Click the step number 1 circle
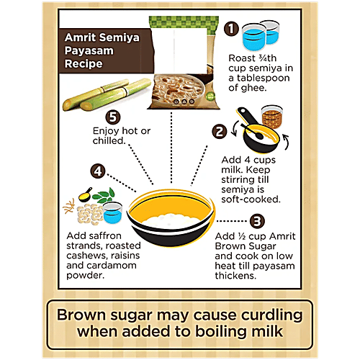click(231, 29)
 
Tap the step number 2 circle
click(220, 132)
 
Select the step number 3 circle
click(257, 221)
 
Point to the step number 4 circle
click(98, 171)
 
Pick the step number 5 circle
click(113, 117)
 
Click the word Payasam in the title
click(89, 50)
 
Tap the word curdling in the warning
click(271, 315)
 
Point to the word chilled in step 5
click(109, 140)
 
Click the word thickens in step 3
click(235, 276)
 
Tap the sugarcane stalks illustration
click(107, 94)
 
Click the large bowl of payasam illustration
click(171, 217)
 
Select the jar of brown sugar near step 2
click(272, 116)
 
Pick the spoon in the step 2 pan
click(252, 131)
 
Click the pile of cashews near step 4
click(90, 215)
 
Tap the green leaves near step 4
click(104, 195)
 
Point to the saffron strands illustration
click(68, 207)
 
